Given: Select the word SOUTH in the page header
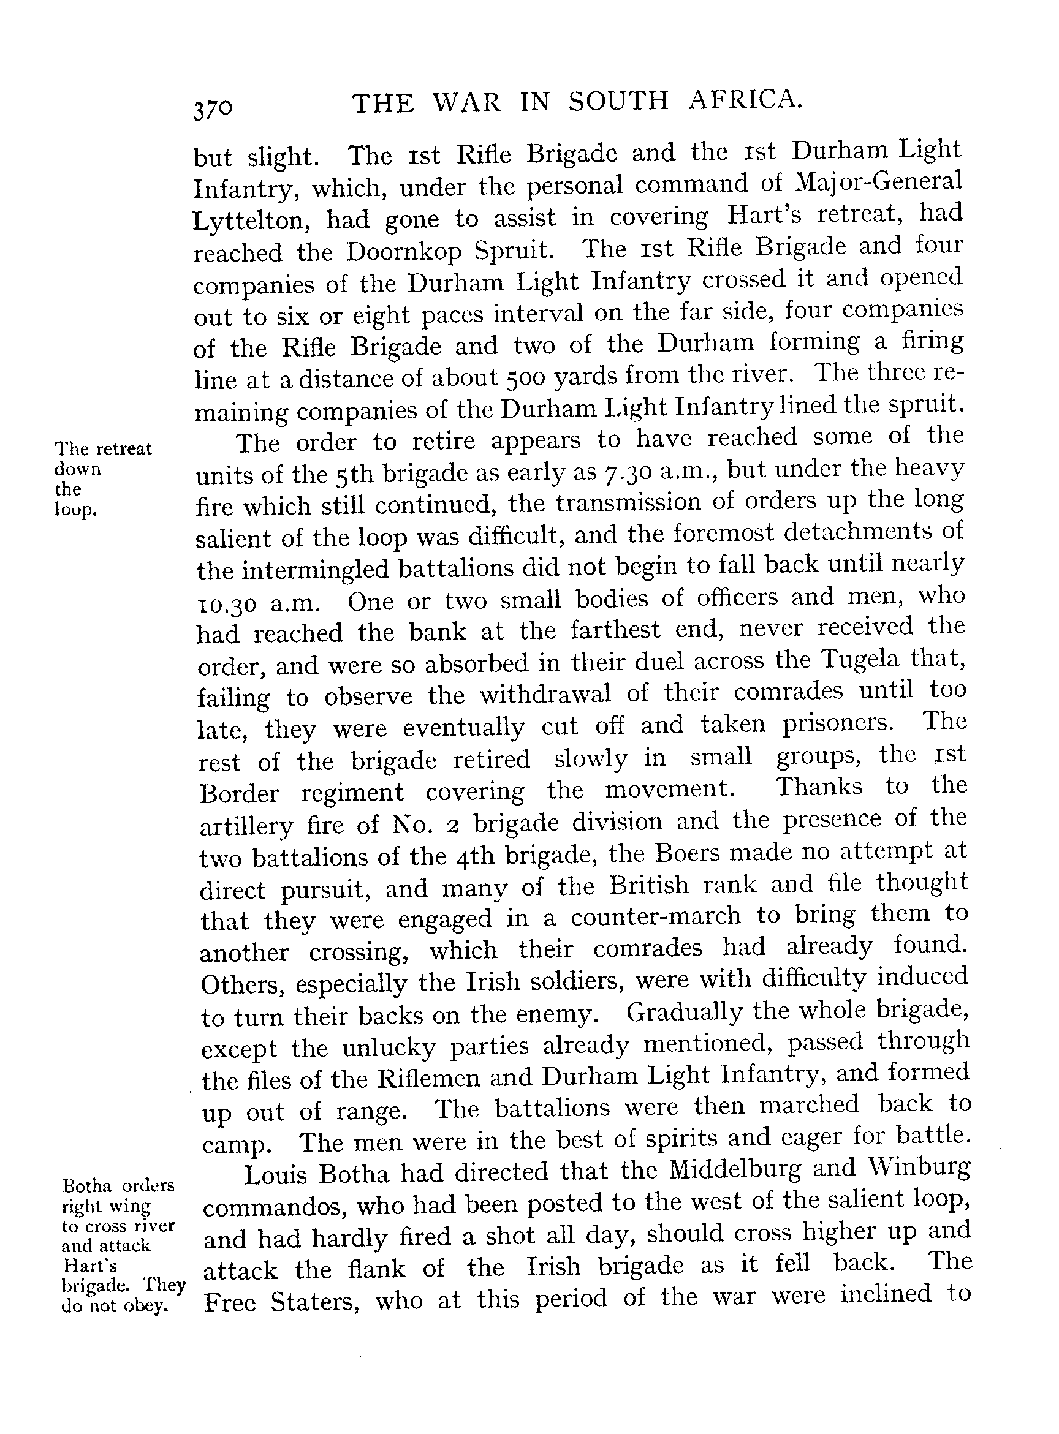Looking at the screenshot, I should click(x=618, y=102).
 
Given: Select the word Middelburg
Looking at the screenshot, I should click(x=734, y=1171).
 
